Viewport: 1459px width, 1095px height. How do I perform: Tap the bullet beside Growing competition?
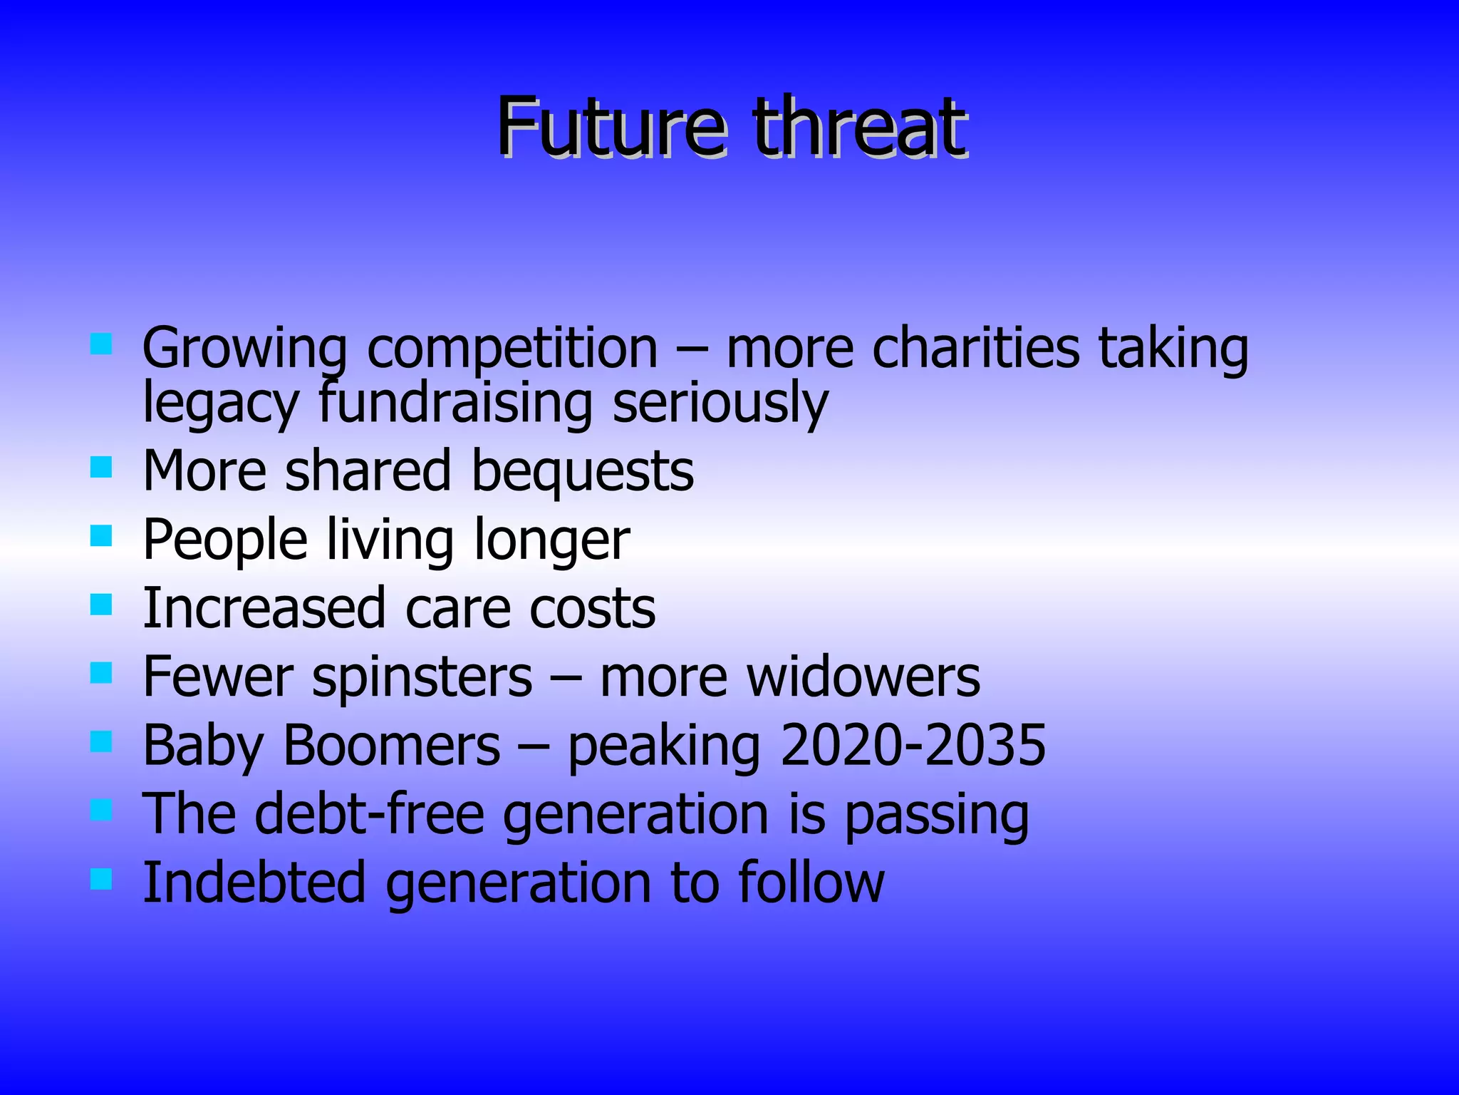102,345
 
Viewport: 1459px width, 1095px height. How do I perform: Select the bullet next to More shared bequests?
102,468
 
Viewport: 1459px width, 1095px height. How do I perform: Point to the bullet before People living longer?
102,536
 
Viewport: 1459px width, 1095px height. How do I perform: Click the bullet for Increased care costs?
102,605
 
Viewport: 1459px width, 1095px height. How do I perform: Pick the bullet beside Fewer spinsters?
102,673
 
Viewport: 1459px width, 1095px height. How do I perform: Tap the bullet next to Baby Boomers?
102,742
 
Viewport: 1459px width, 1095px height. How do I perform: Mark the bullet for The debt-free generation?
102,811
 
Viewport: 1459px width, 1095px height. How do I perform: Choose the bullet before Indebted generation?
102,879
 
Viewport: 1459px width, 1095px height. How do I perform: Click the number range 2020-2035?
913,746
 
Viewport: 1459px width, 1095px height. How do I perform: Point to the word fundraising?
455,403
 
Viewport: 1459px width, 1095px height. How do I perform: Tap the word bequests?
582,472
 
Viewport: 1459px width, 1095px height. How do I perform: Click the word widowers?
861,677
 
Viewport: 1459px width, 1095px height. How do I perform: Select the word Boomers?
392,746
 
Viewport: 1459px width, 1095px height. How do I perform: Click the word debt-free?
370,814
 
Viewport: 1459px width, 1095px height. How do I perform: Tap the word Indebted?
254,883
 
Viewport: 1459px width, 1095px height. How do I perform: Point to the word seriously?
720,403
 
